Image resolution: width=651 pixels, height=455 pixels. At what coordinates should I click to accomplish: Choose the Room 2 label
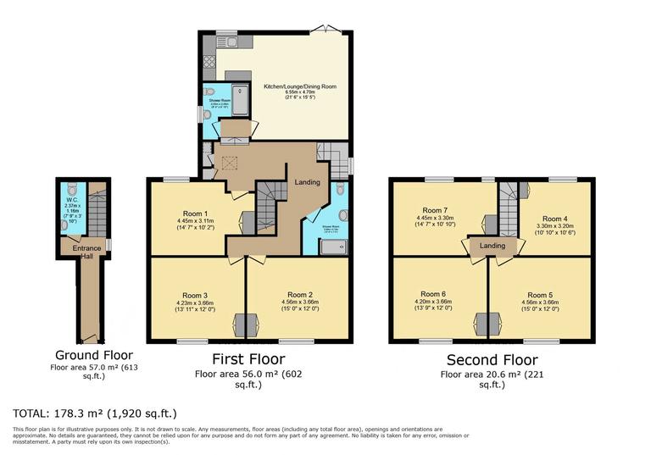pyautogui.click(x=300, y=294)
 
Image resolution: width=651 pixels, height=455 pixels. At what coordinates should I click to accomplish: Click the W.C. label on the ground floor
pyautogui.click(x=70, y=201)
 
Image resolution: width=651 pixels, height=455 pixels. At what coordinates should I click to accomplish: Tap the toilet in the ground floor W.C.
pyautogui.click(x=70, y=189)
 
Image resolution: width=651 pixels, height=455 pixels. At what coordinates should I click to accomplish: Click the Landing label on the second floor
pyautogui.click(x=492, y=246)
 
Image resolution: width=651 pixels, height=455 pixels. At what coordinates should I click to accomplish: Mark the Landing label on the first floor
pyautogui.click(x=307, y=182)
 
